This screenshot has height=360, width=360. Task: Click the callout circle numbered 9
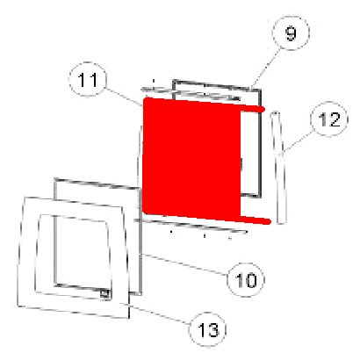click(291, 33)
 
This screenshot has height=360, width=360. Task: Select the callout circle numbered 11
click(88, 79)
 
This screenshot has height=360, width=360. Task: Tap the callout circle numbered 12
click(329, 119)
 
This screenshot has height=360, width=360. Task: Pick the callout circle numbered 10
click(246, 280)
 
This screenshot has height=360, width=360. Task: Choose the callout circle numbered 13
click(208, 329)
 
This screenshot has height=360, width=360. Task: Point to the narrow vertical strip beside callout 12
click(278, 168)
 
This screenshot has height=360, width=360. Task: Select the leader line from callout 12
click(297, 142)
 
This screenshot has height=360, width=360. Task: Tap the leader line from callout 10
click(185, 264)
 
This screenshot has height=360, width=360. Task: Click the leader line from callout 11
click(124, 97)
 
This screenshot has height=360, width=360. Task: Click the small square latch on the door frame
click(104, 293)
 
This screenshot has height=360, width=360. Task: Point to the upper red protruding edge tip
click(263, 110)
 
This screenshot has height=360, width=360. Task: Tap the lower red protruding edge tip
click(268, 221)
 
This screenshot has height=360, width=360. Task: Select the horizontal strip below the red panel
click(191, 226)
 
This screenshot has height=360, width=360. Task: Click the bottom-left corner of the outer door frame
click(18, 306)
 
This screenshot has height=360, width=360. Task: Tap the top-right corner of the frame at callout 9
click(260, 90)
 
